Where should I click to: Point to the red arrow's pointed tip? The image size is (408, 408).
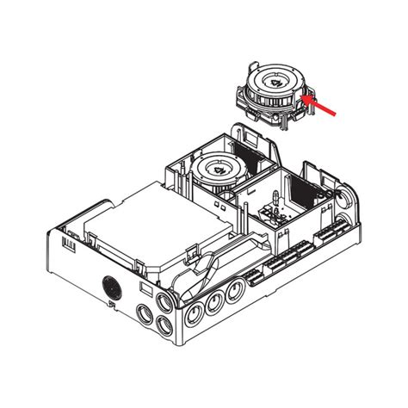click(x=307, y=99)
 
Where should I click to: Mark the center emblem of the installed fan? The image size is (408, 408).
click(x=217, y=169)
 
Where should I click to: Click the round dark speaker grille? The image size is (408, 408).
click(x=109, y=286)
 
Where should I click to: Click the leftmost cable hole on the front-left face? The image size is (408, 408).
click(x=142, y=310)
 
